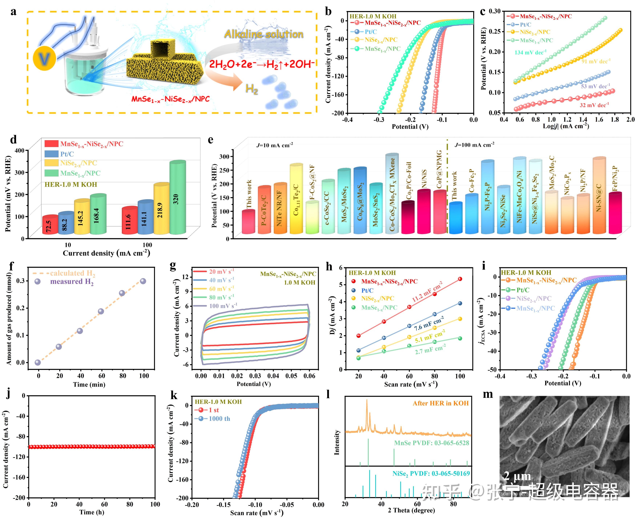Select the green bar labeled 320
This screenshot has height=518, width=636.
coord(177,198)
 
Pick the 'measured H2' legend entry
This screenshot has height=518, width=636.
coord(71,282)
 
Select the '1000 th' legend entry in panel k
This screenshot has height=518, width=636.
coord(219,419)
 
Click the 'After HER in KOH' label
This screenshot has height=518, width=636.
coord(440,403)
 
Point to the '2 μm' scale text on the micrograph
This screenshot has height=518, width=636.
coord(517,476)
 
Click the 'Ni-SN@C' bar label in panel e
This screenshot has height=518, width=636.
coord(599,197)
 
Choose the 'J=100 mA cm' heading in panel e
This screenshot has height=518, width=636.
coord(474,145)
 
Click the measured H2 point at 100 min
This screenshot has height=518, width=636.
coord(143,281)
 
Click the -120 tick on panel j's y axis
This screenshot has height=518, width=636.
coord(19,457)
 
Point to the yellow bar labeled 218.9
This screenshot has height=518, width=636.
coord(161,209)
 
